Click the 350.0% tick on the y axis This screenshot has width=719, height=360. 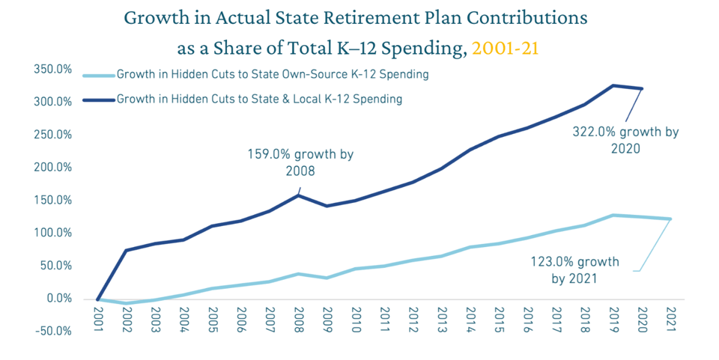(x=52, y=70)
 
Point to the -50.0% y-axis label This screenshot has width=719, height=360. (x=52, y=332)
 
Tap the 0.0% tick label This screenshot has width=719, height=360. (x=57, y=299)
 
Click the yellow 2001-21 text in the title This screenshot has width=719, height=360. (x=506, y=49)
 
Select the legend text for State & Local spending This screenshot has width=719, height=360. (x=259, y=99)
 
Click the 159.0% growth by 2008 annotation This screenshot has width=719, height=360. (x=300, y=162)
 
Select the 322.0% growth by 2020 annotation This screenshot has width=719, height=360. (x=625, y=140)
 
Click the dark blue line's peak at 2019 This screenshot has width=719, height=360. (x=613, y=85)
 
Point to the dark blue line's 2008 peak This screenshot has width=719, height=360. (x=298, y=195)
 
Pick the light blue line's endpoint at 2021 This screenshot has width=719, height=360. (x=670, y=219)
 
